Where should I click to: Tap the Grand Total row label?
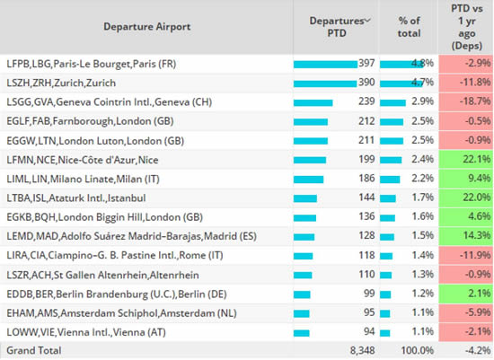(34, 350)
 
